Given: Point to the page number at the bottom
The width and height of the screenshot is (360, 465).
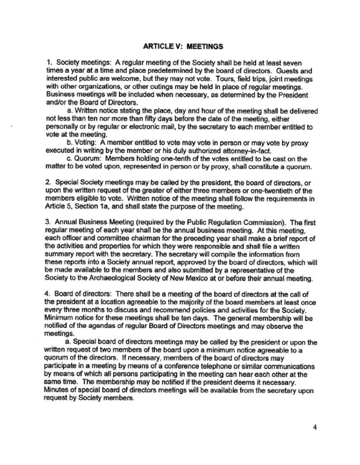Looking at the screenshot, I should tap(314, 426).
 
